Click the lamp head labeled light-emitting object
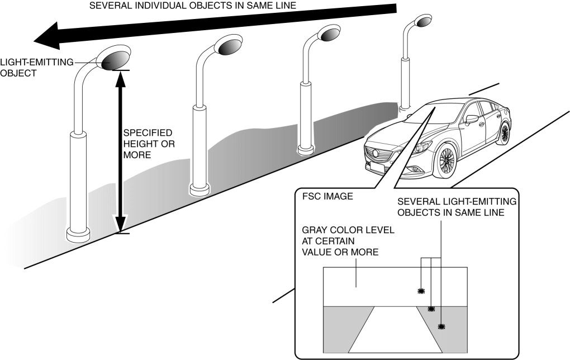point(114,58)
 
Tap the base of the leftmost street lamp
point(77,233)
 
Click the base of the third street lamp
point(305,150)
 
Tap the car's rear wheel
point(505,134)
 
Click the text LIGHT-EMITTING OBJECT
point(36,67)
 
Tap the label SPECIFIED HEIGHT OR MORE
point(148,144)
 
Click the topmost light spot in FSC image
point(421,291)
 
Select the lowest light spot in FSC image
point(441,325)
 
